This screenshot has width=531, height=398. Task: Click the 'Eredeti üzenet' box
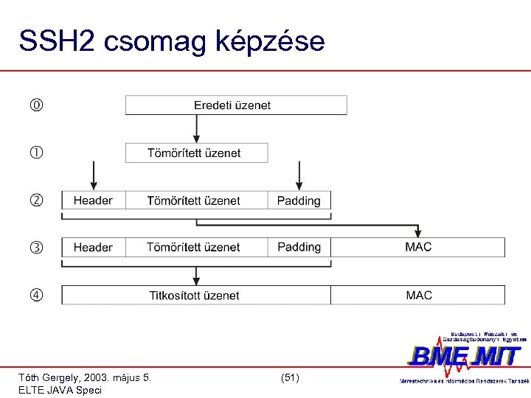click(x=236, y=105)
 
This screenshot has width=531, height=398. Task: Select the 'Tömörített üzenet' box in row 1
click(x=196, y=153)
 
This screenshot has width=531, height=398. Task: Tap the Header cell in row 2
click(x=93, y=200)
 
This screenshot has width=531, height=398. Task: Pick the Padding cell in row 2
click(x=299, y=200)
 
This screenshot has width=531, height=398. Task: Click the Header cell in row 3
click(x=93, y=248)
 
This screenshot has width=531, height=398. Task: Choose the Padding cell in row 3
click(x=299, y=248)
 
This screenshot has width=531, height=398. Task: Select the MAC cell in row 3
click(x=418, y=248)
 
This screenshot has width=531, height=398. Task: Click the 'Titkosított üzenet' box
click(x=195, y=296)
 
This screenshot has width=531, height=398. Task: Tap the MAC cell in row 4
click(x=418, y=296)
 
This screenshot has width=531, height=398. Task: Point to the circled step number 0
click(x=36, y=105)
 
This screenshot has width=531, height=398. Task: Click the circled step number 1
click(x=36, y=153)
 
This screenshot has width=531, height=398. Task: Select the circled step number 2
click(x=36, y=200)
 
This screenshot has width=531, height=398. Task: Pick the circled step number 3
click(x=36, y=248)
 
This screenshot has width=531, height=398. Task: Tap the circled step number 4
click(x=36, y=296)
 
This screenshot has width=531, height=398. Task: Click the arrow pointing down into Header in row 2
click(x=93, y=177)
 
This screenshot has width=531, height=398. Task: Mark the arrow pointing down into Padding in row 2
click(x=299, y=177)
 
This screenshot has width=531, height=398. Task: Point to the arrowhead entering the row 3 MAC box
click(x=418, y=233)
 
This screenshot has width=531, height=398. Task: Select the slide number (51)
click(x=290, y=377)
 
